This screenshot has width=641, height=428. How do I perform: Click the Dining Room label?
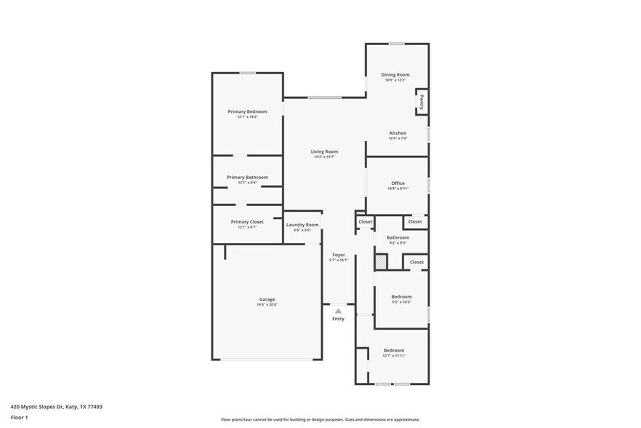[x=395, y=74]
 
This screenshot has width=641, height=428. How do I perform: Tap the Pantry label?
[x=422, y=100]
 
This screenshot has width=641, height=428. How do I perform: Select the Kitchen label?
[x=398, y=133]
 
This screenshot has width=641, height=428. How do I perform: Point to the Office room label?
[x=398, y=183]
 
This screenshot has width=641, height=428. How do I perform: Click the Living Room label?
[x=324, y=151]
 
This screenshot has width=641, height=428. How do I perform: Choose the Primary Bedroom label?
[x=247, y=111]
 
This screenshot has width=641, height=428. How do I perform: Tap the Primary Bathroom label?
[x=247, y=177]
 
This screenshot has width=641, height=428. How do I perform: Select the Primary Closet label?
[x=247, y=221]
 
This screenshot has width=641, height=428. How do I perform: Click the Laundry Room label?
[x=302, y=225]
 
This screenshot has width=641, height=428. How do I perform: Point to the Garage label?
[x=267, y=299]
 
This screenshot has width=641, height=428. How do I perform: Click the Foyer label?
[x=339, y=255]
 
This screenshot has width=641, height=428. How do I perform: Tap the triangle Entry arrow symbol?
[x=338, y=311]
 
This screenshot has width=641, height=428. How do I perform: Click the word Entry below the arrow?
[x=339, y=319]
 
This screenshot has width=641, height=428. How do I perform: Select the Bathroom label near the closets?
[x=398, y=237]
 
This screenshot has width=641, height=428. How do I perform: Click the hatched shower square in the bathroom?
[x=380, y=260]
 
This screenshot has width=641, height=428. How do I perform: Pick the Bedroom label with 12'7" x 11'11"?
[x=394, y=350]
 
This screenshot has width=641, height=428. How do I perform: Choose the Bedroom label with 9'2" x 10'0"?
[x=401, y=296]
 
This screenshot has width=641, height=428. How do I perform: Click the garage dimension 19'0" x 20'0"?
[x=267, y=305]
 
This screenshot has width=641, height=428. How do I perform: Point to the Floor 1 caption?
[x=20, y=417]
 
